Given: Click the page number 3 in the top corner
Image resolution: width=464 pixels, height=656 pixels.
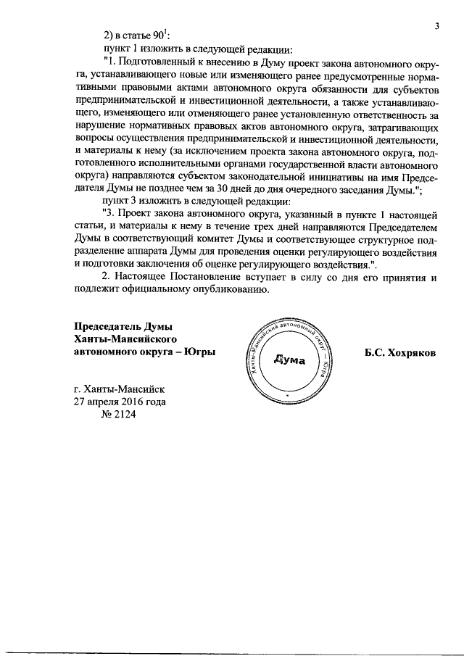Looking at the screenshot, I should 437,27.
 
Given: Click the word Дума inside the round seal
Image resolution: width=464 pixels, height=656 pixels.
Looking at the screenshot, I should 291,360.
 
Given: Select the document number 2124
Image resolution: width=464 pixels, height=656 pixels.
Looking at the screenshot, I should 120,415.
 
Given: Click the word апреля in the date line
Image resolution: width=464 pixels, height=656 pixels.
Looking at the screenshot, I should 100,402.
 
